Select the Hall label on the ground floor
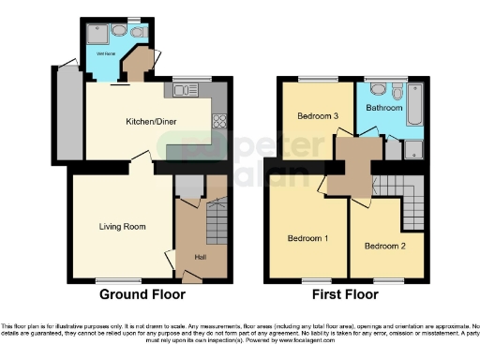(x=200, y=258)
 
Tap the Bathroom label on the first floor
(x=384, y=109)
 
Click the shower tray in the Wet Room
(x=96, y=34)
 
